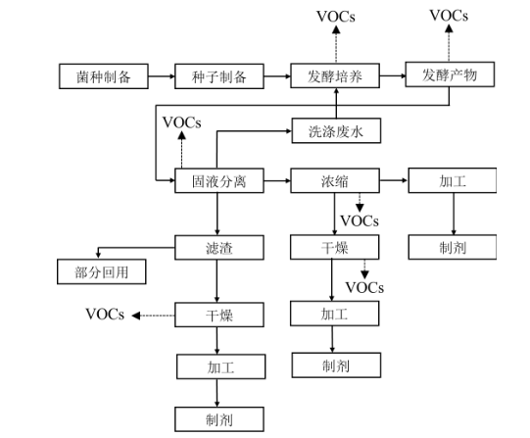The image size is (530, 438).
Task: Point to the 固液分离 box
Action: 218,181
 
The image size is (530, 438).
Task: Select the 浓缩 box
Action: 335,181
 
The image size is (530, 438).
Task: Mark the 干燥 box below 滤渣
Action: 218,316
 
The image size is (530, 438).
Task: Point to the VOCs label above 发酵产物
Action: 449,16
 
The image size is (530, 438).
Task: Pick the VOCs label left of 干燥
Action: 105,315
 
